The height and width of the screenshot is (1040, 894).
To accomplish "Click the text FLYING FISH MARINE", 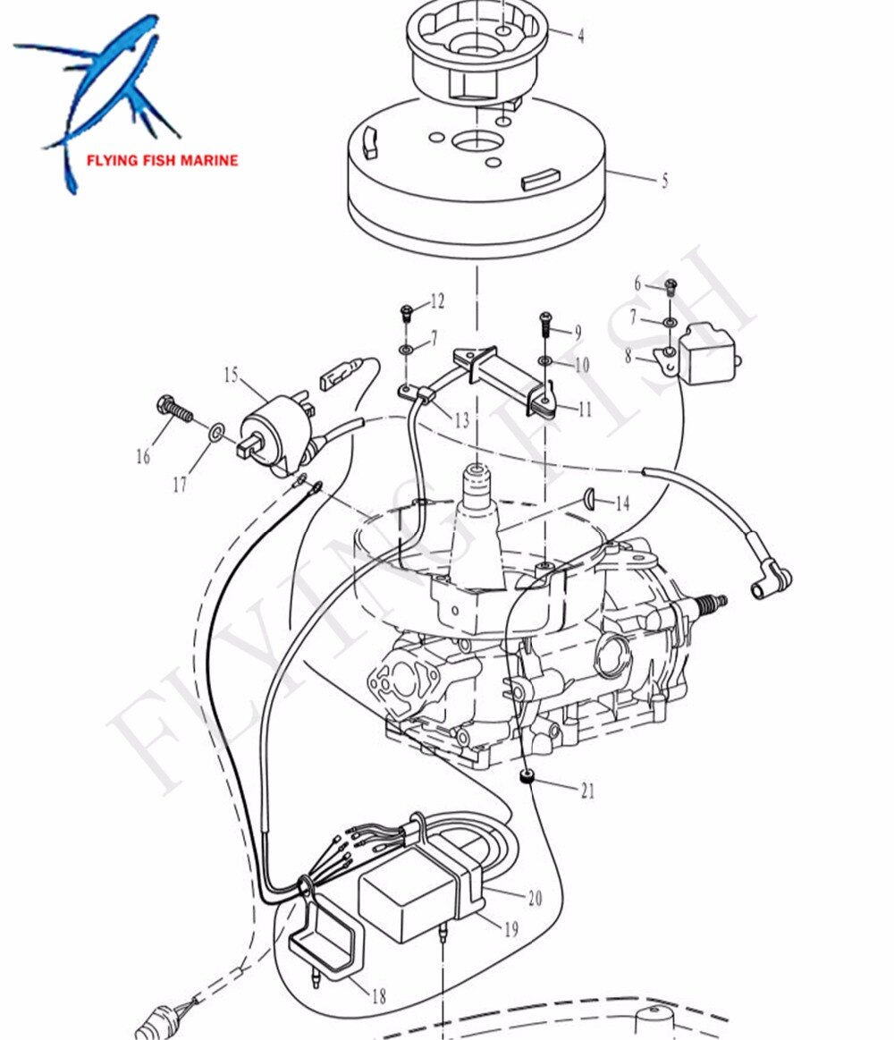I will tap(162, 161).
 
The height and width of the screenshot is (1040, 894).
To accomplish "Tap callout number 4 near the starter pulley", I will tap(580, 37).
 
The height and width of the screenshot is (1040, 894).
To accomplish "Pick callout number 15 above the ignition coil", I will tap(232, 375).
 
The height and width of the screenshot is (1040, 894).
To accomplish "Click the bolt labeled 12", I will tap(406, 314).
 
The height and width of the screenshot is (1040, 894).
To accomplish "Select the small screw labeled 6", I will tap(671, 287).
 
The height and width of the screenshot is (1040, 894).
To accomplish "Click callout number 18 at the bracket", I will tap(378, 995).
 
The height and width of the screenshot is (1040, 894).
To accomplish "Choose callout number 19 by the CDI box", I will tap(510, 930).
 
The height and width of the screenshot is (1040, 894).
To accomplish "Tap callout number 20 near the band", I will tap(534, 899).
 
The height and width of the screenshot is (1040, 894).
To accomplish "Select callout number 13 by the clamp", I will tap(460, 419).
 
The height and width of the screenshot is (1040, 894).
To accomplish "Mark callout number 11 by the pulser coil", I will tap(585, 410).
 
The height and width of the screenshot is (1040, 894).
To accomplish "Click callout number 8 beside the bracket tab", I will tap(628, 355).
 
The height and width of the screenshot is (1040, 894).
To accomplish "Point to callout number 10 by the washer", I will tap(582, 365).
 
